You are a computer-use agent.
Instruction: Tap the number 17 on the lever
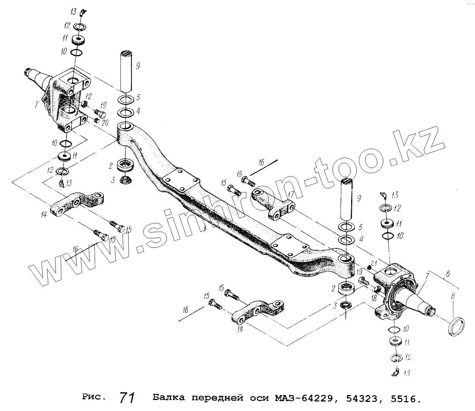(x=291, y=194)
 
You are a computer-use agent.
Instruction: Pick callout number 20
(x=105, y=122)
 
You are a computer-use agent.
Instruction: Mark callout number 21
(x=373, y=263)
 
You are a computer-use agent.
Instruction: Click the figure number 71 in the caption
(x=127, y=397)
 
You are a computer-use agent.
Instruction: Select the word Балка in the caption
(x=168, y=398)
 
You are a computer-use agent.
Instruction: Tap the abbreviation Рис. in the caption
(x=93, y=397)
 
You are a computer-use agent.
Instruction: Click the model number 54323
(x=362, y=398)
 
